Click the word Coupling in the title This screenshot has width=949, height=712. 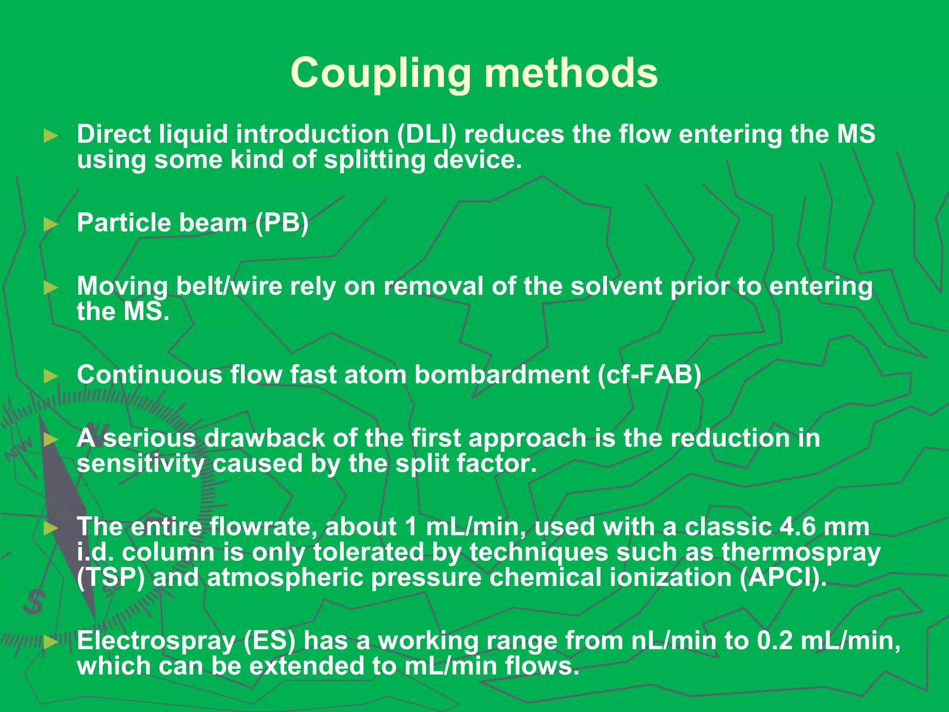click(x=380, y=73)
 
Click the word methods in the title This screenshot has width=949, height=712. click(x=571, y=73)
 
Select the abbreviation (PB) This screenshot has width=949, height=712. click(x=282, y=223)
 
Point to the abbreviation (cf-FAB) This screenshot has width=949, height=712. click(x=650, y=375)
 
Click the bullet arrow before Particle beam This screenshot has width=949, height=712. click(x=51, y=224)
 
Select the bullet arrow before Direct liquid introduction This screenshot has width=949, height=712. click(x=51, y=136)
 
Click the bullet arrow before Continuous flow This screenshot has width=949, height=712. click(x=51, y=376)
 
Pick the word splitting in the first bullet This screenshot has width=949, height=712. click(x=374, y=160)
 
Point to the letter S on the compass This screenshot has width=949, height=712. click(x=34, y=601)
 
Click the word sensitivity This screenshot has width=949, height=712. click(x=140, y=464)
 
